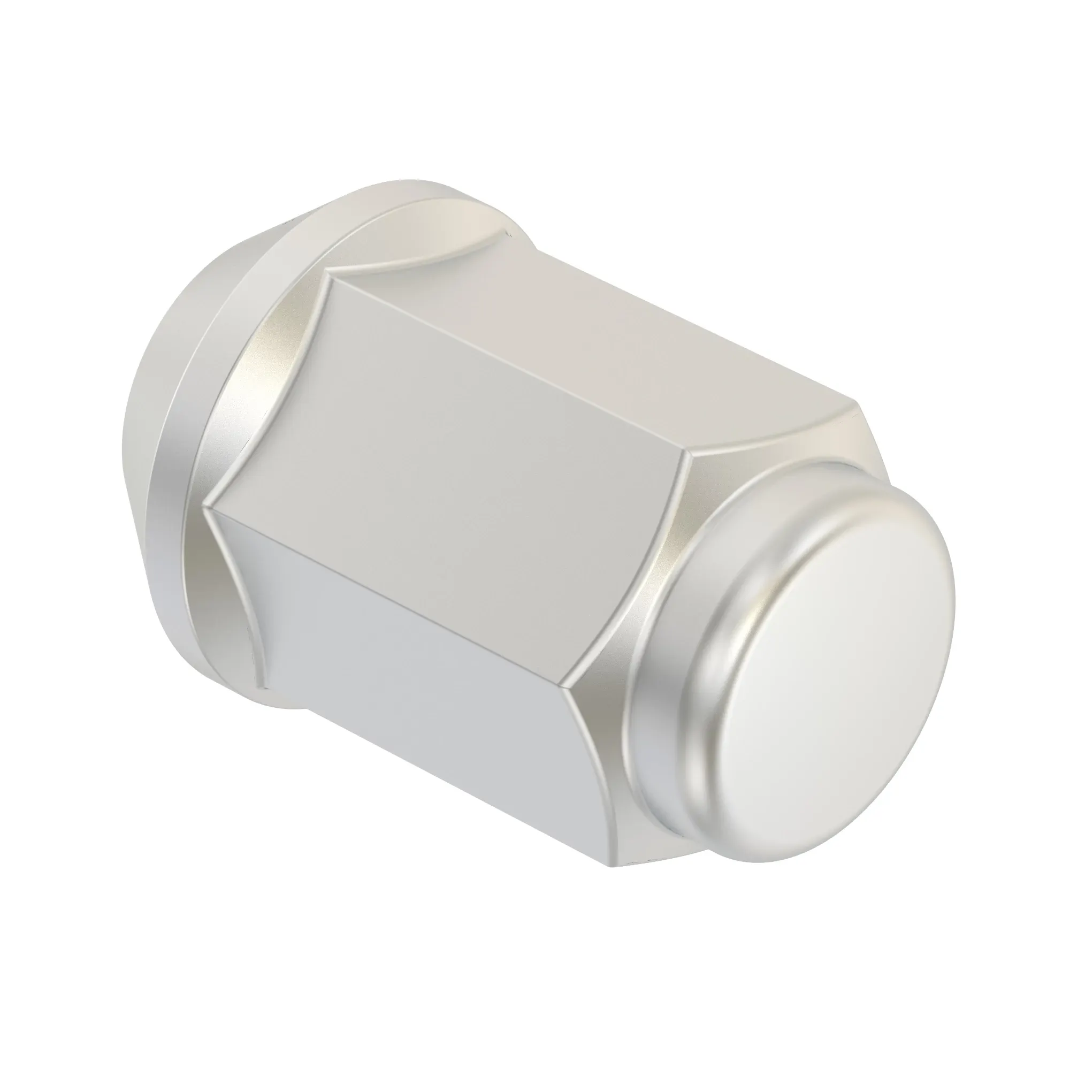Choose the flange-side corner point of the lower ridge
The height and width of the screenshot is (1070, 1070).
[x=206, y=505]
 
